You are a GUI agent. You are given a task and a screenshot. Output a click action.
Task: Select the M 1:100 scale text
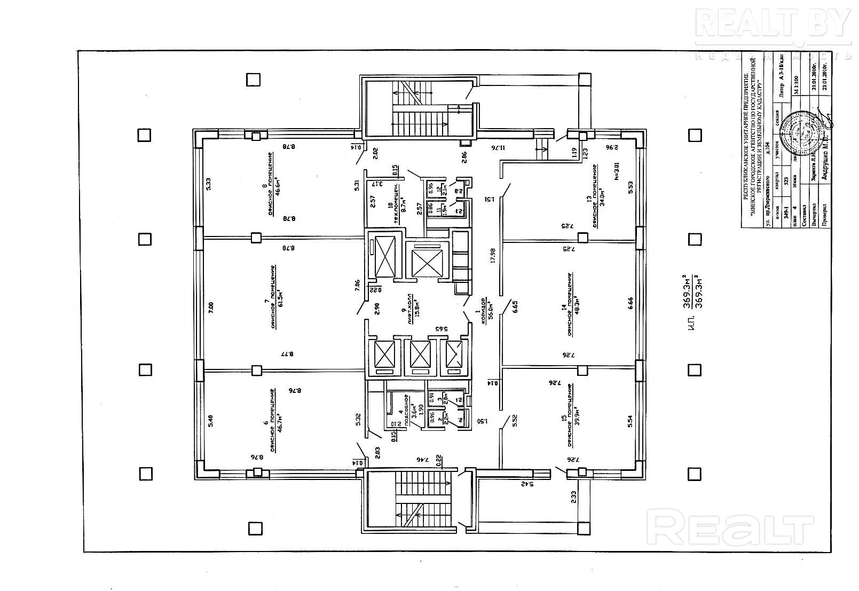796,84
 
